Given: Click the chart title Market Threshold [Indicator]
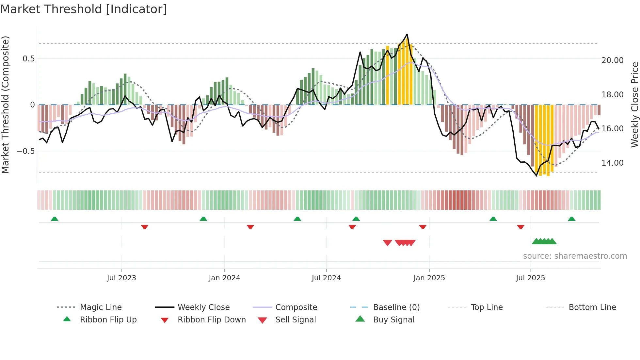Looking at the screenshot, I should [84, 9].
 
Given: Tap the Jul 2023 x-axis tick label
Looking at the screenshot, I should [121, 278].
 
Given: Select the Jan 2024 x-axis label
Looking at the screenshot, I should [224, 278].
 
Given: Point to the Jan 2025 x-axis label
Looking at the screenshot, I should [429, 278].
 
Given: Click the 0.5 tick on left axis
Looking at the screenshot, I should [28, 59].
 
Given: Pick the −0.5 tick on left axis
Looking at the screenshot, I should [25, 151].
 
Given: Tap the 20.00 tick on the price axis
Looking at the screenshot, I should [612, 60].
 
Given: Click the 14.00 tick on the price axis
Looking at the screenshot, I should [612, 163].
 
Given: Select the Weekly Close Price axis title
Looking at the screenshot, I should [634, 105].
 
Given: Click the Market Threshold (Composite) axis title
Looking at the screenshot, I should [5, 105].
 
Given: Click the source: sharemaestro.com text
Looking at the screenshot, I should [575, 256].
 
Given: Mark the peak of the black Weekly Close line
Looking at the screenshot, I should [407, 34].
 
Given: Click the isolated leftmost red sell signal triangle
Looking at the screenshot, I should [387, 243].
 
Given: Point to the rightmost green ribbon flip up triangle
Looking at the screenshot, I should [571, 219].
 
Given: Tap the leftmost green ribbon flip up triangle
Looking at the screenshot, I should [55, 219].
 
